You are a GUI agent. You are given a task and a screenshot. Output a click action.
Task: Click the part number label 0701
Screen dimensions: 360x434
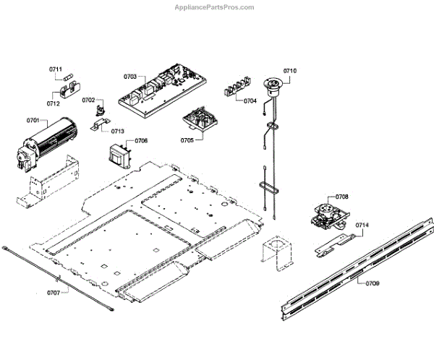point(33,120)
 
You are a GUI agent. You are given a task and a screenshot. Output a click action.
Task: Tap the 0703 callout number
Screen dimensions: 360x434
point(130,77)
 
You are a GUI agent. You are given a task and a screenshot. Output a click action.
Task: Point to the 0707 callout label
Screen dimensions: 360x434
point(54,293)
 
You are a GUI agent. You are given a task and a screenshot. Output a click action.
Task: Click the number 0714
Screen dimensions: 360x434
point(362,226)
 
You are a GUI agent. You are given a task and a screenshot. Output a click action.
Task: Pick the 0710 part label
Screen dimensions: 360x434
point(289,71)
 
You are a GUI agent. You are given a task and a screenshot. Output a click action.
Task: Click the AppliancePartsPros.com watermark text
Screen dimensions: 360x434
point(215,7)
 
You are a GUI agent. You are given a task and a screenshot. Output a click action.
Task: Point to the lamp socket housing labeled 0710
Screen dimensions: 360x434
point(274,88)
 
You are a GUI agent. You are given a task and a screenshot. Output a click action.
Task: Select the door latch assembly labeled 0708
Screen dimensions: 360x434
point(325,214)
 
